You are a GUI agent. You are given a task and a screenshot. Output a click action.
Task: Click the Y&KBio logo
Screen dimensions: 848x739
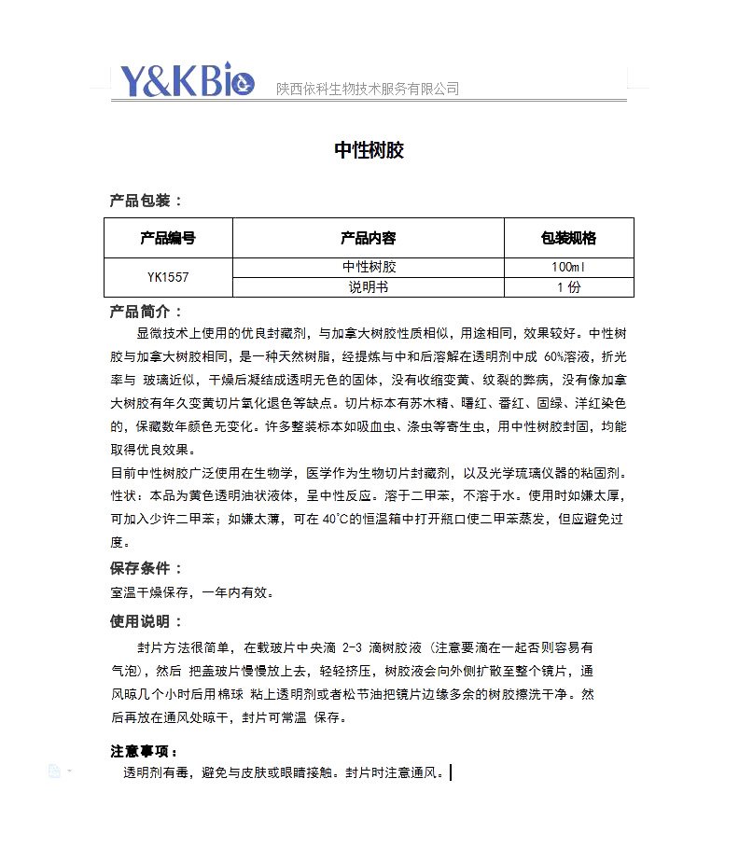187,82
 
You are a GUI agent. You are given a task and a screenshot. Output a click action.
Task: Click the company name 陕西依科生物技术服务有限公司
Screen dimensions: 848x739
368,90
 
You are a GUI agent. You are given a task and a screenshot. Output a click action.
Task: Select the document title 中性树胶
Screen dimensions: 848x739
369,150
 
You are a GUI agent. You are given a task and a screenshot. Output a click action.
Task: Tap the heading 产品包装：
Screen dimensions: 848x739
146,201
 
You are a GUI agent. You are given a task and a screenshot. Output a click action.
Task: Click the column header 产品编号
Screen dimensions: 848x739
168,238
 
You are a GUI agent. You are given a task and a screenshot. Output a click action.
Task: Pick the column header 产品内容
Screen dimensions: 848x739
369,238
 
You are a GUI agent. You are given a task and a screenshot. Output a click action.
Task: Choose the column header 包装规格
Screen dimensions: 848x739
568,238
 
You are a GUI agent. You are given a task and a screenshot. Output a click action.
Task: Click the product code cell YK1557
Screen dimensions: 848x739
168,277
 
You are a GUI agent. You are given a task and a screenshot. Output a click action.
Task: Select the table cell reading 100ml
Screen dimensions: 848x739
568,268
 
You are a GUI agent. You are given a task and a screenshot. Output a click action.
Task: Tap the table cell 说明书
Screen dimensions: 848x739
369,287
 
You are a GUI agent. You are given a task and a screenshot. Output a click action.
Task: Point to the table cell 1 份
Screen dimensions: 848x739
568,287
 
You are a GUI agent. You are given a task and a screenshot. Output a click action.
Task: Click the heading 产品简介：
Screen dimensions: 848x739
146,312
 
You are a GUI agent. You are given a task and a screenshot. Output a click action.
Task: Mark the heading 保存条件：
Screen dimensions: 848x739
146,568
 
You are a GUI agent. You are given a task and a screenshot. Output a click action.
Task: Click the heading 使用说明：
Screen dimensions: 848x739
146,621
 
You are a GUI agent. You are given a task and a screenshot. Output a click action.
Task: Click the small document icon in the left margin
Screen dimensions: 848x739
55,771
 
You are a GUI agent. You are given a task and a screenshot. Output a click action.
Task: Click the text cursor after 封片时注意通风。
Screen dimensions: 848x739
452,772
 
